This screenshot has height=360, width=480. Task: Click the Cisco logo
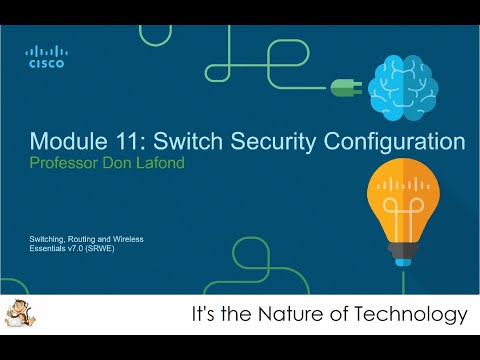click(46, 57)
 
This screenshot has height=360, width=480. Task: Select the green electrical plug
click(345, 87)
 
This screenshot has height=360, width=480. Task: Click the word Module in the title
click(67, 139)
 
